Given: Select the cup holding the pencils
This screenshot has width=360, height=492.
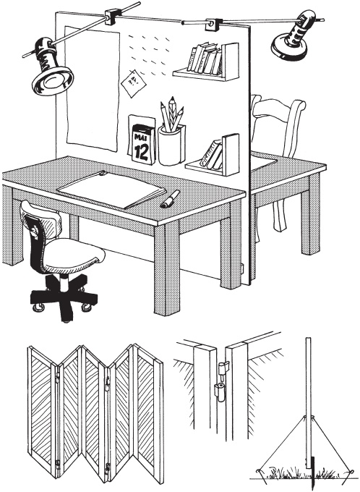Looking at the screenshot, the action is pyautogui.click(x=171, y=145).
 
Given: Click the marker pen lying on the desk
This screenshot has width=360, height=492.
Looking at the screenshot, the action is pyautogui.click(x=170, y=199).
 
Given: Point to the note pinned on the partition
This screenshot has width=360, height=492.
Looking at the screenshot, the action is pyautogui.click(x=134, y=83).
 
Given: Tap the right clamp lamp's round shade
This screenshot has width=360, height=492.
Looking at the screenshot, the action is pyautogui.click(x=289, y=47).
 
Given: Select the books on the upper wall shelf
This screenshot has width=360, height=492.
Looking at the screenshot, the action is pyautogui.click(x=205, y=59).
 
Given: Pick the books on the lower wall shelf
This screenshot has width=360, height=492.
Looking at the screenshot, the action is pyautogui.click(x=212, y=154).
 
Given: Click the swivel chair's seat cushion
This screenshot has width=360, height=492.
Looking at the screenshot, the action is pyautogui.click(x=74, y=255).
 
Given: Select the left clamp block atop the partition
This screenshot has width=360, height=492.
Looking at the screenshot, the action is pyautogui.click(x=111, y=17).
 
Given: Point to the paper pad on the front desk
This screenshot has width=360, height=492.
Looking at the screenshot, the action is pyautogui.click(x=111, y=190).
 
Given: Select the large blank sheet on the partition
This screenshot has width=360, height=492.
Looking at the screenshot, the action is pyautogui.click(x=93, y=88).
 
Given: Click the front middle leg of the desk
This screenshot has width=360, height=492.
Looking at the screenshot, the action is pyautogui.click(x=166, y=268).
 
